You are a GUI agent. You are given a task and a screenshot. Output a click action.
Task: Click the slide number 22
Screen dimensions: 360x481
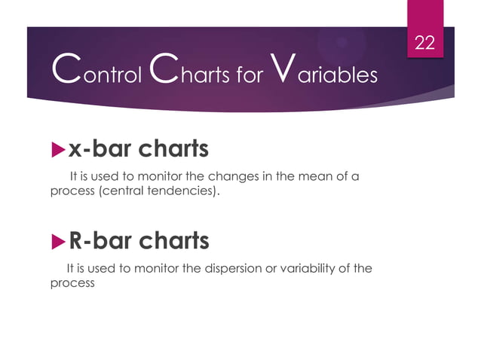point(425,43)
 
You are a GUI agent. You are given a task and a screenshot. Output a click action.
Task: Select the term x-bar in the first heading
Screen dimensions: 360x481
point(100,149)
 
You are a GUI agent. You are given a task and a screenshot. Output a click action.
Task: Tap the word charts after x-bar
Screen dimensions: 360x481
point(173,149)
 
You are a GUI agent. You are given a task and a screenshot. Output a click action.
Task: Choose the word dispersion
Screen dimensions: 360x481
point(226,268)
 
